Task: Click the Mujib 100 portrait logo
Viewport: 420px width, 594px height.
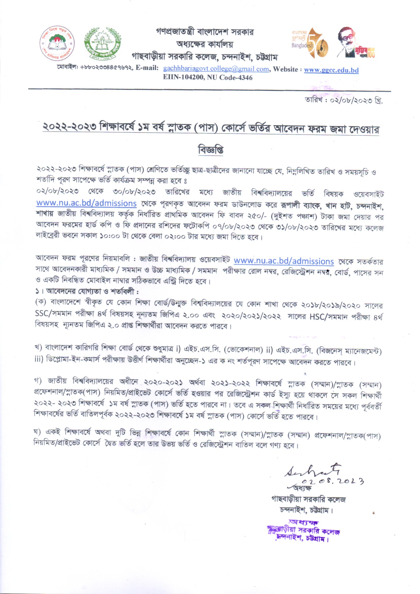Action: pyautogui.click(x=356, y=43)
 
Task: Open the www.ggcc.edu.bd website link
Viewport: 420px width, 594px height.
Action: pyautogui.click(x=331, y=70)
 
